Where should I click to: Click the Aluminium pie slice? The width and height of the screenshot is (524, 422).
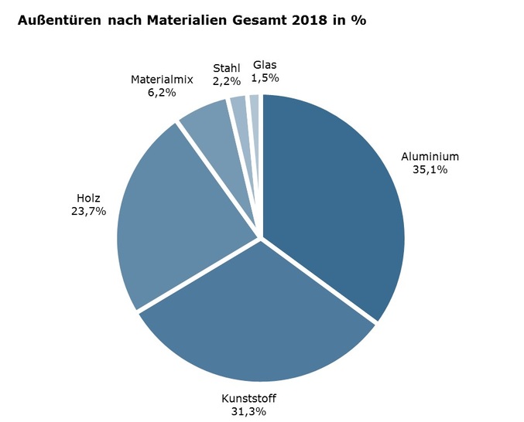click(333, 201)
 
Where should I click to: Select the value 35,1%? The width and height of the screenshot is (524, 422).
click(430, 169)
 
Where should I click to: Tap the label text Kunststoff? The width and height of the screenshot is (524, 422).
click(248, 399)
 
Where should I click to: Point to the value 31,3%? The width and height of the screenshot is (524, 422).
click(248, 411)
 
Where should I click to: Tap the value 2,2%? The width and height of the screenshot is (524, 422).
click(227, 80)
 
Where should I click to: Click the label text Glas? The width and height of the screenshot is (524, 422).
click(265, 65)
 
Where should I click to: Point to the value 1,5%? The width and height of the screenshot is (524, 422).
click(265, 77)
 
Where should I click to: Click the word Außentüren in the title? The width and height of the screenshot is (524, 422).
click(57, 21)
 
